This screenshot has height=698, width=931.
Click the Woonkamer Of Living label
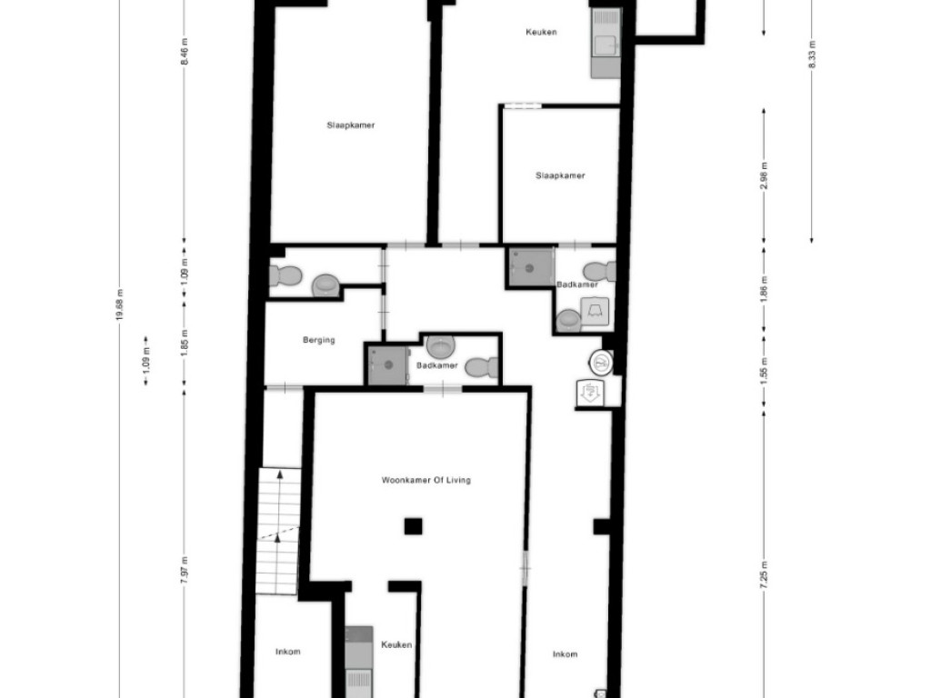(x=425, y=480)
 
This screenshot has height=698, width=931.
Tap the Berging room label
(x=318, y=340)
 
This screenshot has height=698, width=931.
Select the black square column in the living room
(x=413, y=525)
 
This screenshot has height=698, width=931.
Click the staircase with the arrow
(x=278, y=531)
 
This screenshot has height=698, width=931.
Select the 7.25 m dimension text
(x=764, y=574)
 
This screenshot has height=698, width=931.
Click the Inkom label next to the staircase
(x=288, y=652)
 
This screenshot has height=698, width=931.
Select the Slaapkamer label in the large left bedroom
(x=351, y=125)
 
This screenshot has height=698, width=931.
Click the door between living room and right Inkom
(x=525, y=565)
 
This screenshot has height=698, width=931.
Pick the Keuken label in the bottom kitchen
(x=396, y=644)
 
